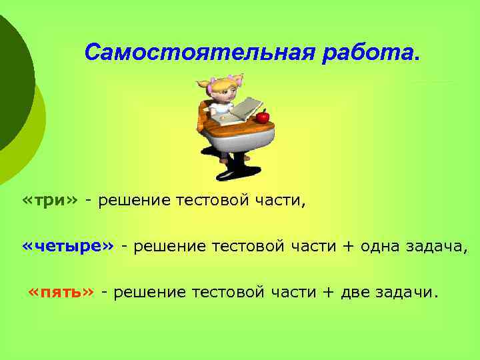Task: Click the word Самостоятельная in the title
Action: click(200, 51)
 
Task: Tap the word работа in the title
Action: click(368, 51)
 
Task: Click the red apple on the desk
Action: click(262, 117)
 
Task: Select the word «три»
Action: click(50, 201)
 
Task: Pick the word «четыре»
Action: click(69, 247)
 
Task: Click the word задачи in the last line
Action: click(408, 291)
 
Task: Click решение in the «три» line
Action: click(133, 201)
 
